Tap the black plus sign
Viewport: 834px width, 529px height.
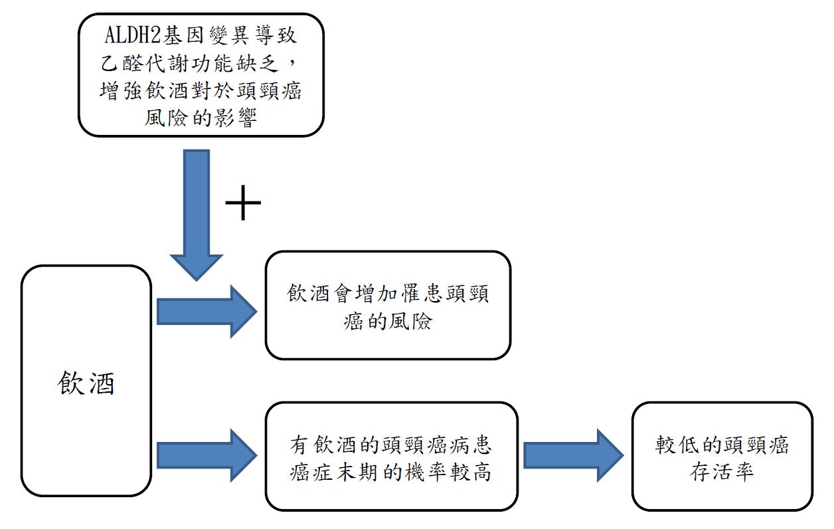coord(244,202)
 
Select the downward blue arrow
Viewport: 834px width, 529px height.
coord(197,213)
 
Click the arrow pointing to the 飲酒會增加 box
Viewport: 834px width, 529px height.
coord(207,310)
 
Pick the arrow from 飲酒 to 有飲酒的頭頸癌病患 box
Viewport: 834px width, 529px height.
coord(207,455)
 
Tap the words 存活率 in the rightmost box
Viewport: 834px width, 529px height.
coord(722,473)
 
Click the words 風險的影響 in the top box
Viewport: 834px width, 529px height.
coord(201,118)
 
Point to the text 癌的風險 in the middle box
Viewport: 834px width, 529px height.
coord(388,322)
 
